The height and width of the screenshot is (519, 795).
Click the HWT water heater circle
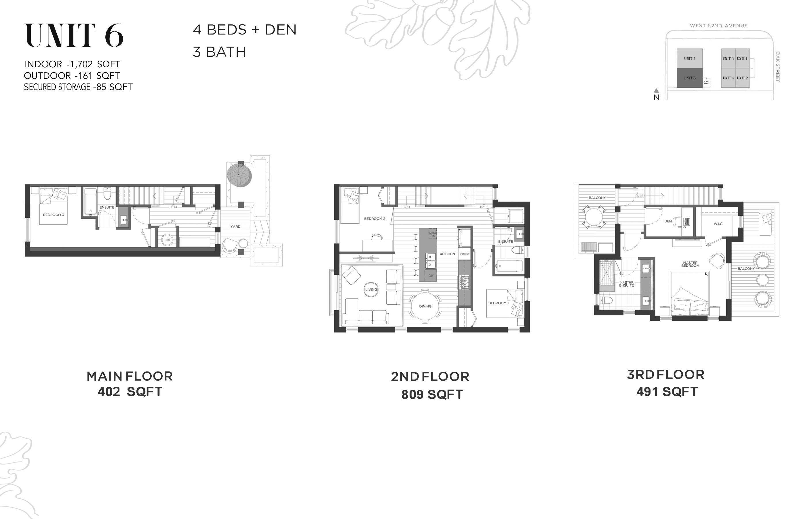[x=167, y=240]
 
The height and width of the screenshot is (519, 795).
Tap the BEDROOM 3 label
[x=54, y=215]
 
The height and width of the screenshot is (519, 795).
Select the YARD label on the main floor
[x=235, y=226]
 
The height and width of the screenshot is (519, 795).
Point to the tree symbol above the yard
[x=239, y=174]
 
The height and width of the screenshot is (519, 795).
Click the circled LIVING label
[x=371, y=289]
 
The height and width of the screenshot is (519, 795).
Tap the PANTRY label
[x=465, y=254]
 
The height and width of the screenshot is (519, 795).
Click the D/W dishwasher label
[x=431, y=276]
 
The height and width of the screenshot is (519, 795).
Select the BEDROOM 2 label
[x=374, y=219]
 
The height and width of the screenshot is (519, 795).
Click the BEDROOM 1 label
[x=498, y=303]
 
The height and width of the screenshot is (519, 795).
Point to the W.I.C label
[x=718, y=224]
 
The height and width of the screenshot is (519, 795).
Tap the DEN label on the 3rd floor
[x=668, y=221]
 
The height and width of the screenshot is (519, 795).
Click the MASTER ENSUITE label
[x=626, y=284]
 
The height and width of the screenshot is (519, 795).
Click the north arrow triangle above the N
[x=656, y=90]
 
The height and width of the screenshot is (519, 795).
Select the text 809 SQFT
[x=432, y=394]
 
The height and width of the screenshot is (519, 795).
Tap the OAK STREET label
[x=778, y=66]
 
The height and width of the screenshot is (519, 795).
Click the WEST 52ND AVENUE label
[x=719, y=26]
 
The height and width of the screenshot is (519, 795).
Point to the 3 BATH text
[x=219, y=52]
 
